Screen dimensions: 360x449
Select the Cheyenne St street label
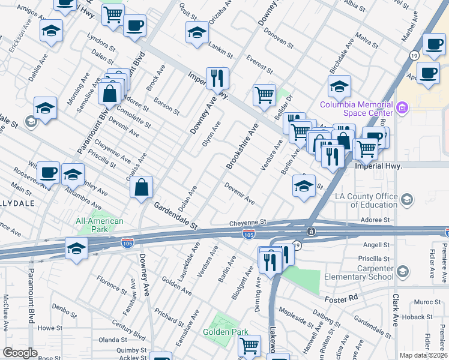[x=247, y=223]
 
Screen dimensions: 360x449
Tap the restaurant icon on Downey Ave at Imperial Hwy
[x=217, y=78]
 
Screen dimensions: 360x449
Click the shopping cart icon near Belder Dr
[x=264, y=95]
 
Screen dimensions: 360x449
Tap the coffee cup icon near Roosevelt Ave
[x=48, y=173]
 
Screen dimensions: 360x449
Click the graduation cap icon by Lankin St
[x=197, y=34]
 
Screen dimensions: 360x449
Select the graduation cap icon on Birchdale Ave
[x=339, y=87]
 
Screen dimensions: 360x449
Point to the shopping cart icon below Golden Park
[x=249, y=346]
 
